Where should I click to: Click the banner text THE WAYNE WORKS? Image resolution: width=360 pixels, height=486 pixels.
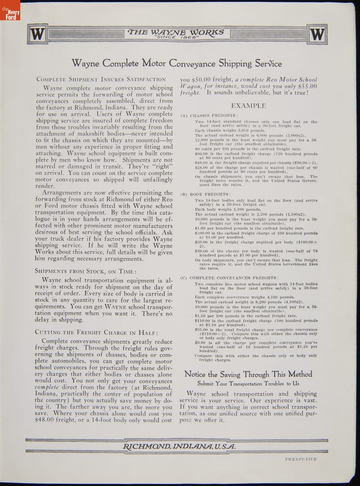pos(176,32)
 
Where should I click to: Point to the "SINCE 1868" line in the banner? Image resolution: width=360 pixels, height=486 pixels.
pos(176,38)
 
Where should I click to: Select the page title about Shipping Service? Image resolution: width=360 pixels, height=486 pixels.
pos(176,63)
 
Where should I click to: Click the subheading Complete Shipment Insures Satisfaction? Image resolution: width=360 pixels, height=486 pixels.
pos(101,79)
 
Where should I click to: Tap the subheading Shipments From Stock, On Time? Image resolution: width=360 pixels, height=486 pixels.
pos(85,271)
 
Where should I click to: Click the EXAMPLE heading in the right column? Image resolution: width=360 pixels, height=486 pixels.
pos(249,106)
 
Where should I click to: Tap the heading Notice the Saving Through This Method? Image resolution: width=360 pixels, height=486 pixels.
pos(248,374)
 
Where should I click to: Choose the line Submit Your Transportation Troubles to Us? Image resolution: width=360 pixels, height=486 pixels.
pos(248,384)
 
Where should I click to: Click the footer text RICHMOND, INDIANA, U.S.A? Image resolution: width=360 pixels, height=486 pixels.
pos(179,446)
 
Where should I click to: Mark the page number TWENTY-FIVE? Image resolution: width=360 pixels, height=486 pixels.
pos(300,459)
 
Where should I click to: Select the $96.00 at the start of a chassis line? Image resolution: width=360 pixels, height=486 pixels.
pos(201,154)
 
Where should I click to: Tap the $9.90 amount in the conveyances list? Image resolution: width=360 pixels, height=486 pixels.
pos(200,343)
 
